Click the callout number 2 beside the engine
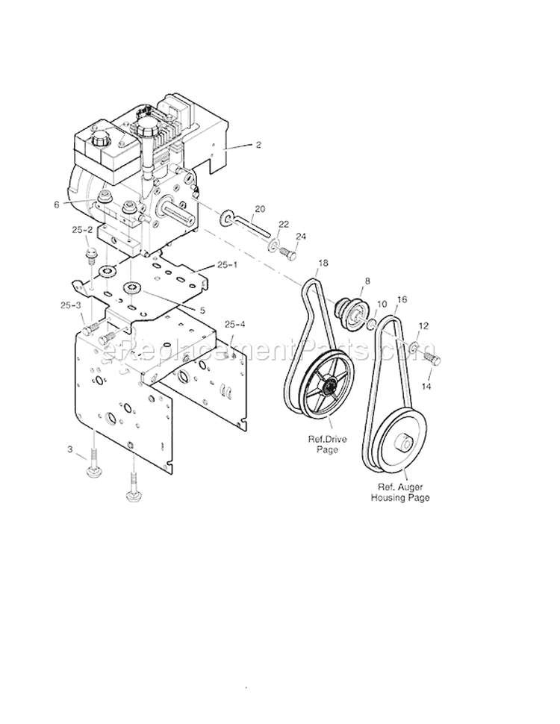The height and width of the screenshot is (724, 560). click(258, 145)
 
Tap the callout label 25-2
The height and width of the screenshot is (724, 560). click(82, 231)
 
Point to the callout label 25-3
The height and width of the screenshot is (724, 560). click(71, 305)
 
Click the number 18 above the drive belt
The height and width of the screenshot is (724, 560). click(323, 263)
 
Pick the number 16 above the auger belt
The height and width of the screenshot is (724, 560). click(402, 299)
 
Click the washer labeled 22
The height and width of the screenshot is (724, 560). click(274, 245)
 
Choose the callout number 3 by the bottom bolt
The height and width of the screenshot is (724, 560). click(70, 449)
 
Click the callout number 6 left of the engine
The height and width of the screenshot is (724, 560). click(76, 203)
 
